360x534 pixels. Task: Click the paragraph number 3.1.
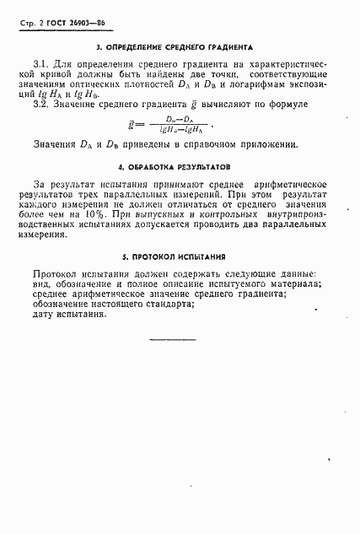tap(40, 65)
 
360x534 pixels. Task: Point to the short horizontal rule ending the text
tap(195, 339)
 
